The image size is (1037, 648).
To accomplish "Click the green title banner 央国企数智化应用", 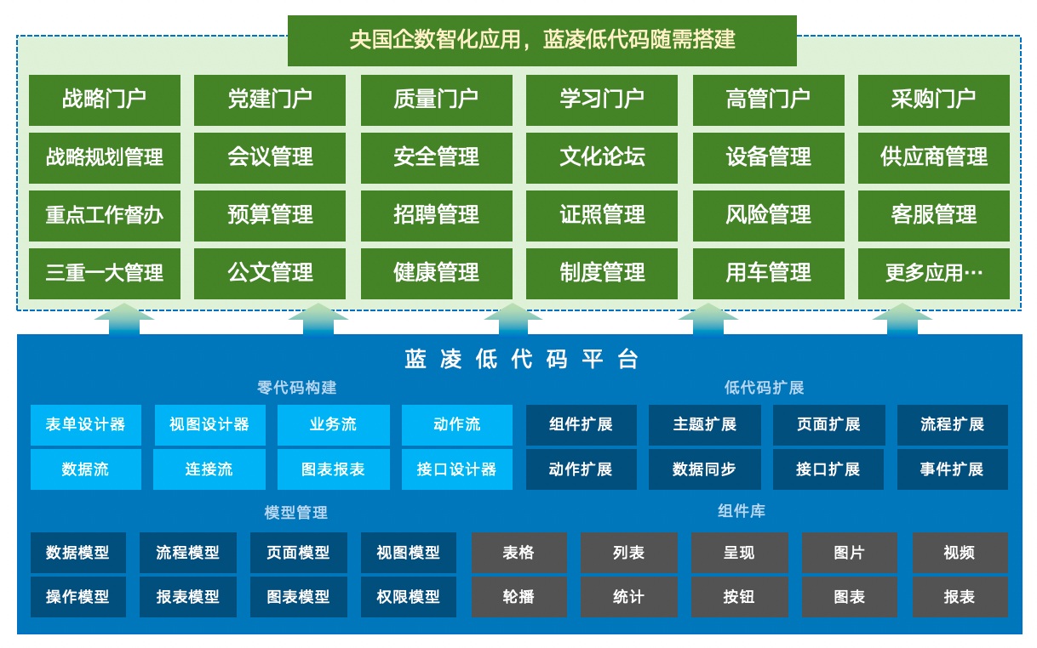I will click(x=541, y=40).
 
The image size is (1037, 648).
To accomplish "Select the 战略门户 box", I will click(x=105, y=99).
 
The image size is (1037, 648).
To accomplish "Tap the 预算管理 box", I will click(x=270, y=215).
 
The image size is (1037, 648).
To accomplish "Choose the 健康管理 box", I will click(x=436, y=273).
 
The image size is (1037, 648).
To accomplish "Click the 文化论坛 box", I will click(x=602, y=157).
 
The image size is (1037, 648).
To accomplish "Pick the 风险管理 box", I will click(x=768, y=215).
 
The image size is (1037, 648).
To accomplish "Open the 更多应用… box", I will click(x=933, y=273).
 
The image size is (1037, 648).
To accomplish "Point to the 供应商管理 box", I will click(x=933, y=157).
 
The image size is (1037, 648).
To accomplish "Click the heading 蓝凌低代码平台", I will click(x=521, y=359).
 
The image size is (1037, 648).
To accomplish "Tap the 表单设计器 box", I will click(x=85, y=424).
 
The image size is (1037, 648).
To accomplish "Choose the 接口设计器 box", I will click(x=457, y=469).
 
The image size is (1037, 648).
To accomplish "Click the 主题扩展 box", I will click(x=704, y=424).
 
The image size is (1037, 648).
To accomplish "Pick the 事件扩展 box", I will click(x=952, y=469).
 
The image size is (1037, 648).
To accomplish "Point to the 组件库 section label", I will click(x=741, y=511).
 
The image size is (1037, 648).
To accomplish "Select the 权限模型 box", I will click(x=408, y=597).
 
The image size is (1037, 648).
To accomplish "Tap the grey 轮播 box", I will click(x=518, y=597).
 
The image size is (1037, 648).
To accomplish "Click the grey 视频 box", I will click(x=960, y=553).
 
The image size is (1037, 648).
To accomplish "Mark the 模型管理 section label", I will click(x=296, y=513).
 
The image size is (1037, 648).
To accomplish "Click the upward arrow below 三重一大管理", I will click(x=123, y=319).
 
